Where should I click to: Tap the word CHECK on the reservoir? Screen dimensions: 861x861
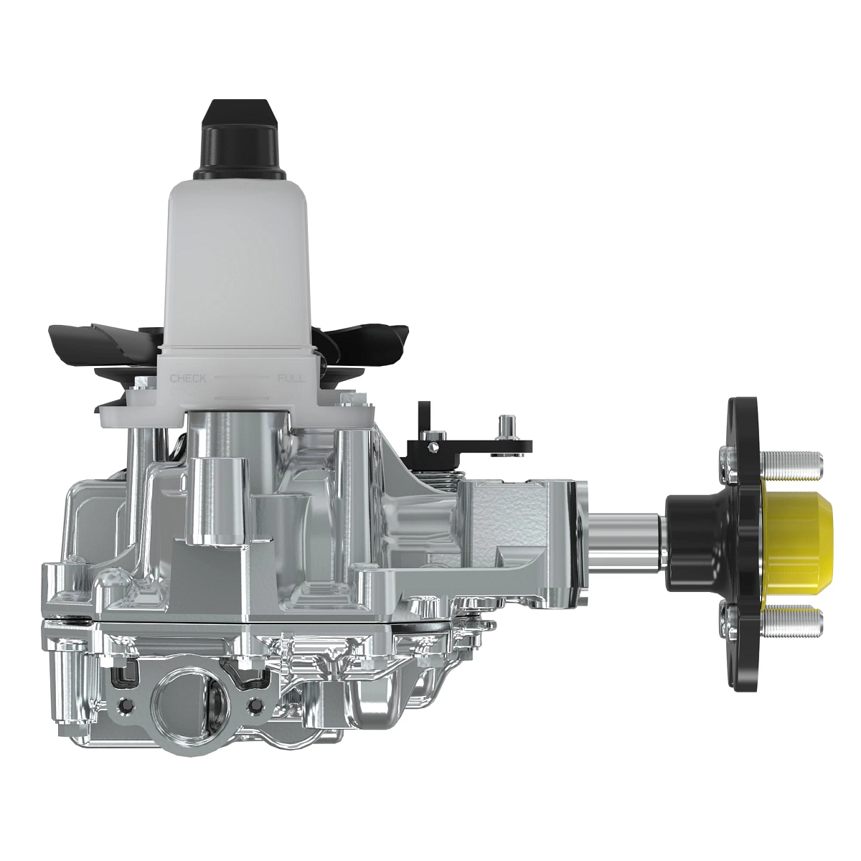click(x=187, y=378)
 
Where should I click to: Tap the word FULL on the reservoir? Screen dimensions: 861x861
click(x=290, y=378)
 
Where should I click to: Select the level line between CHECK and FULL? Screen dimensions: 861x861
click(x=240, y=377)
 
